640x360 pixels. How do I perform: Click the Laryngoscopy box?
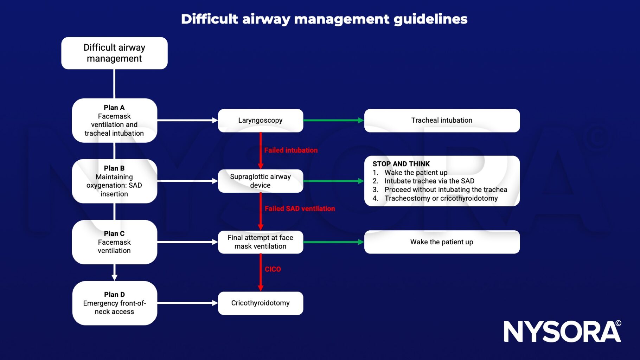[260, 121]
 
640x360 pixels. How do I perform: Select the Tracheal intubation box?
[442, 121]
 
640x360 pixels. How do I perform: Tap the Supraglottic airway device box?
[260, 181]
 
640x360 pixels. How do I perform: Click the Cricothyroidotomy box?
[260, 303]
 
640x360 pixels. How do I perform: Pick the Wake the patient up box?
[442, 242]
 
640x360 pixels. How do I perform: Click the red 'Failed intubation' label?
[291, 150]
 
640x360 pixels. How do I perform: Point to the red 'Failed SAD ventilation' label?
[300, 209]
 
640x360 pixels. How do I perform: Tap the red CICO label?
[273, 269]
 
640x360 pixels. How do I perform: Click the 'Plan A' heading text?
[114, 108]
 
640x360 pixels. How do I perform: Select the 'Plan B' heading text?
[114, 168]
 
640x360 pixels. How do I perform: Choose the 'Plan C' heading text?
[114, 234]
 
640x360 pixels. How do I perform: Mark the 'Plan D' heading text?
[114, 295]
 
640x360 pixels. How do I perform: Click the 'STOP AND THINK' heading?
[401, 164]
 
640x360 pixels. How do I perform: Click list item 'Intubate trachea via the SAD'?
[429, 181]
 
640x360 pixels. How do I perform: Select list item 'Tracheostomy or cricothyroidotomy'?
[441, 198]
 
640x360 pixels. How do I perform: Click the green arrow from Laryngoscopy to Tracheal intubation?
[333, 120]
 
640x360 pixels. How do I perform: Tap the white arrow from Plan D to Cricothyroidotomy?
[187, 303]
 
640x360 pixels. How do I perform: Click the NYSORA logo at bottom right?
[562, 332]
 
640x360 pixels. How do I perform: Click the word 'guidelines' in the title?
[430, 19]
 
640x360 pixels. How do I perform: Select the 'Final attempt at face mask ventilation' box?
[260, 242]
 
